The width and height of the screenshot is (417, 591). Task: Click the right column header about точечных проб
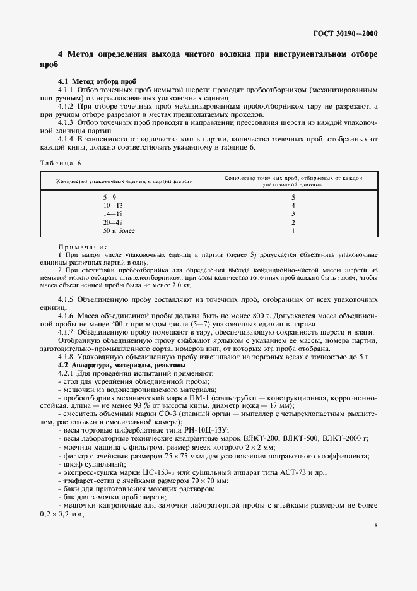(x=293, y=181)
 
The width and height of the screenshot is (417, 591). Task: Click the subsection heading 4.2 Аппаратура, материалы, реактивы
(x=113, y=365)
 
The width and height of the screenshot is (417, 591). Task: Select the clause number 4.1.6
(x=67, y=314)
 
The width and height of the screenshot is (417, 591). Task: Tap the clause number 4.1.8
(x=67, y=357)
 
